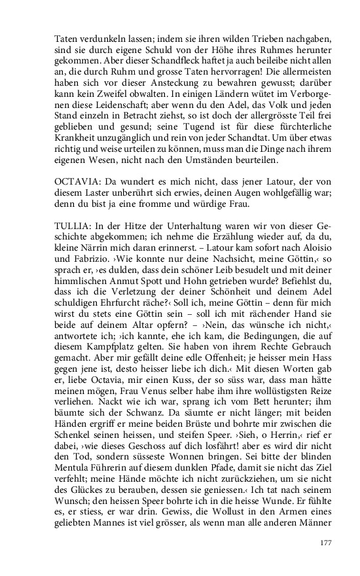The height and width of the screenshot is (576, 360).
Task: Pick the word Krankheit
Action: (x=76, y=139)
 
